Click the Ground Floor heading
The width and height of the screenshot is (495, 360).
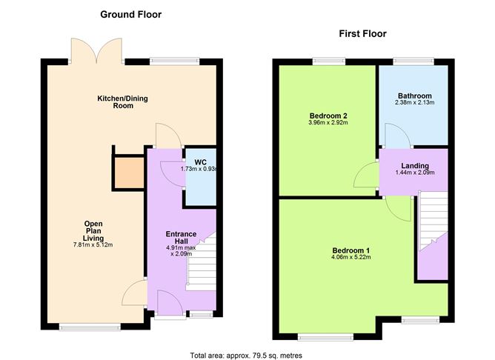(130, 14)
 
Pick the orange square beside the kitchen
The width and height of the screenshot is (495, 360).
(127, 173)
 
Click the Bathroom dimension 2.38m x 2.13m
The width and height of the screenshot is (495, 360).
(413, 103)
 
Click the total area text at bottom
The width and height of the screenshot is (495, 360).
(246, 355)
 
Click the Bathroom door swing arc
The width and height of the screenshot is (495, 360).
(392, 136)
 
